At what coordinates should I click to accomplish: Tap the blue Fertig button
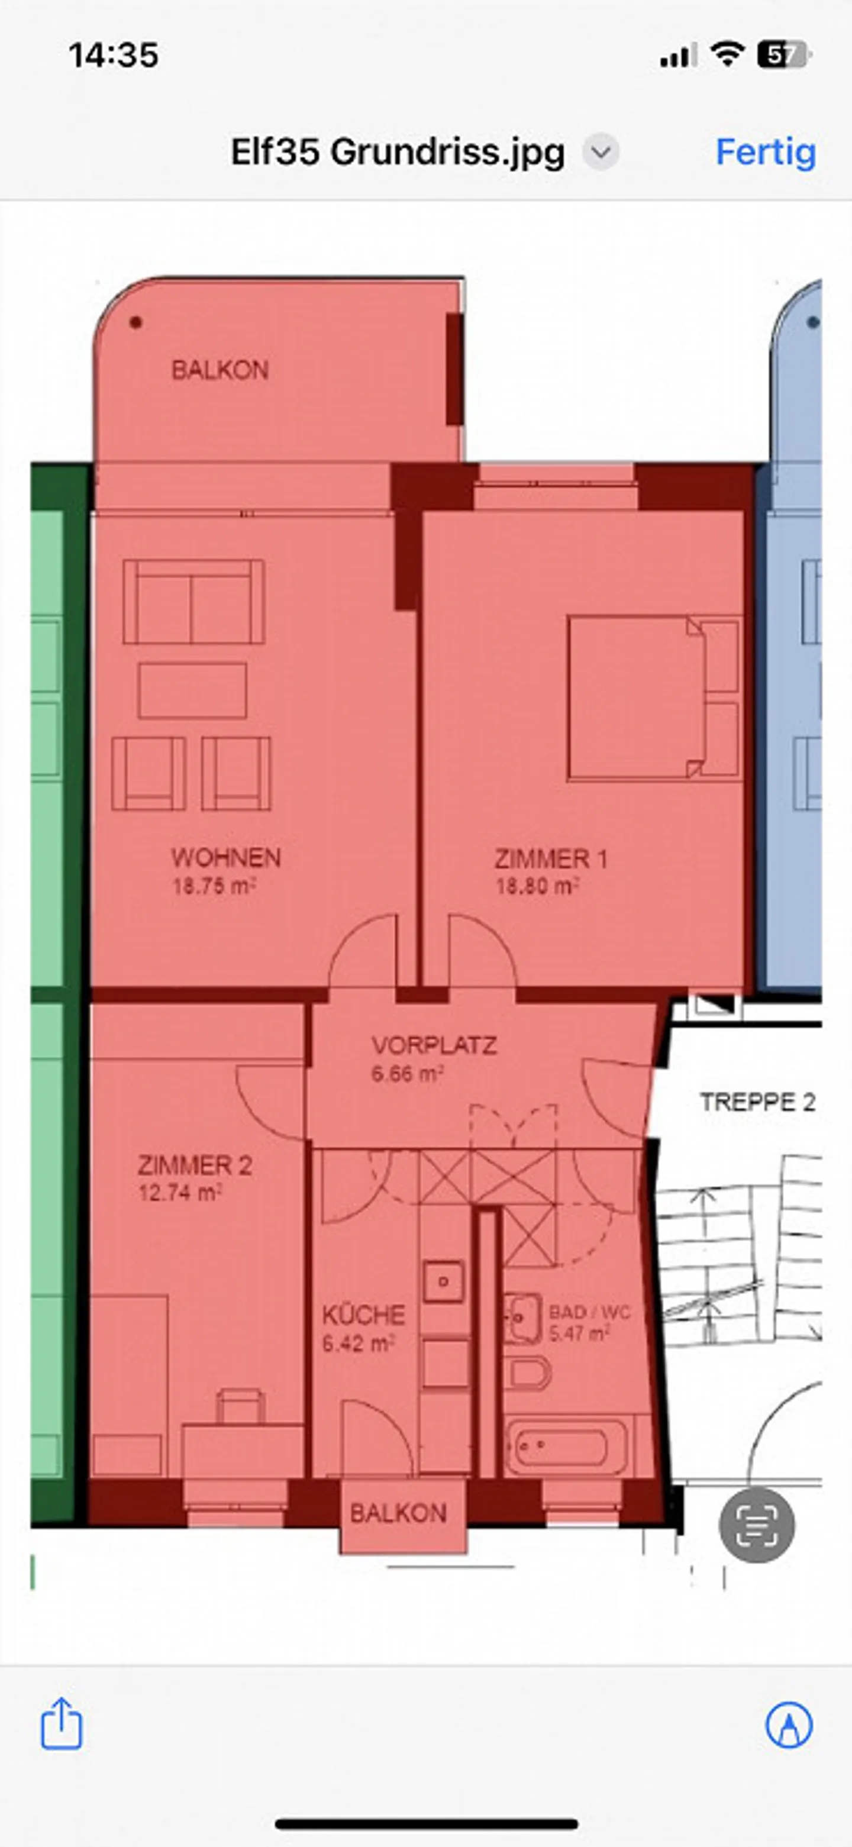[765, 152]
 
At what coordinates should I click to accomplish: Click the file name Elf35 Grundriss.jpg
[398, 152]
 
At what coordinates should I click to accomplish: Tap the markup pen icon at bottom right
[789, 1725]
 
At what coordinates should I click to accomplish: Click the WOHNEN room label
[225, 858]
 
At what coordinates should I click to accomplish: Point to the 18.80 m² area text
[537, 887]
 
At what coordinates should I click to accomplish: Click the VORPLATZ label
[434, 1045]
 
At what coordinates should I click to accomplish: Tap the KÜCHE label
[363, 1315]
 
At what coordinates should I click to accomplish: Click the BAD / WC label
[589, 1312]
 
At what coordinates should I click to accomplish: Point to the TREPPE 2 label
[757, 1102]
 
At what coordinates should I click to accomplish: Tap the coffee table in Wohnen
[192, 690]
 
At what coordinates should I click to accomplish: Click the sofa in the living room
[193, 602]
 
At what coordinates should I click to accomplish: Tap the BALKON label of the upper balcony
[220, 370]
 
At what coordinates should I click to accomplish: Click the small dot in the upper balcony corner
[135, 322]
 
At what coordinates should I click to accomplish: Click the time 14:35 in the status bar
[114, 55]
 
